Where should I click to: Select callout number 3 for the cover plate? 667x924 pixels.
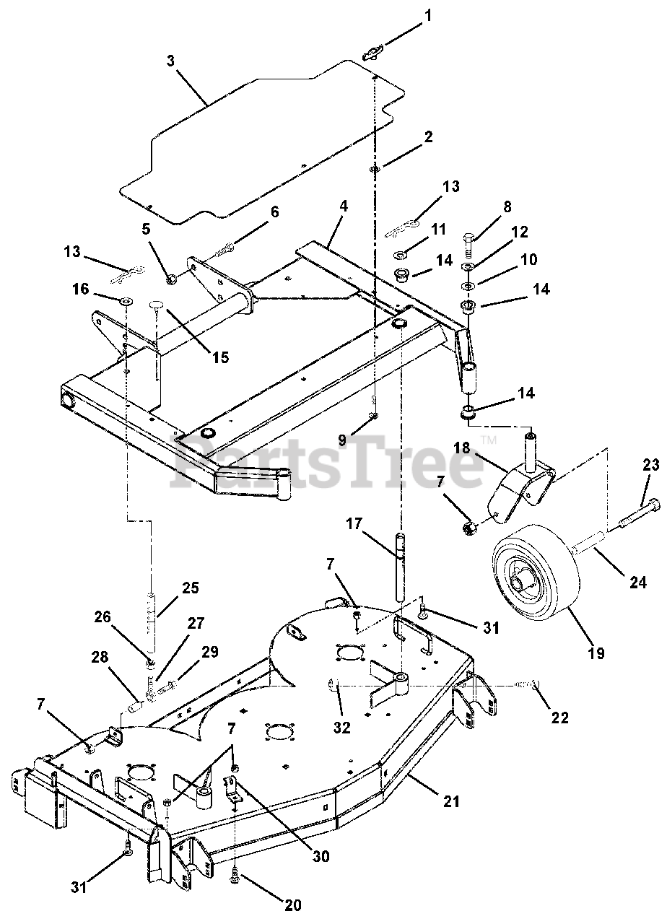coord(170,61)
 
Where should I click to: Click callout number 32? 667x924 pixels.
coord(341,727)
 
